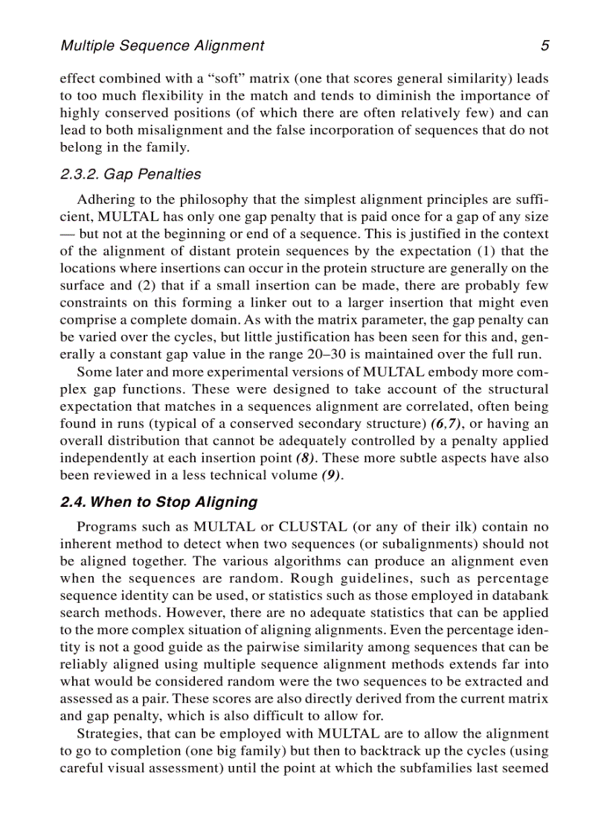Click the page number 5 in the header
point(545,46)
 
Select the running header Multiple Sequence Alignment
point(161,46)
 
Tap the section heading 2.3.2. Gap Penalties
point(130,174)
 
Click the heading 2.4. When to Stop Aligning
point(158,502)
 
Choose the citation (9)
point(332,475)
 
